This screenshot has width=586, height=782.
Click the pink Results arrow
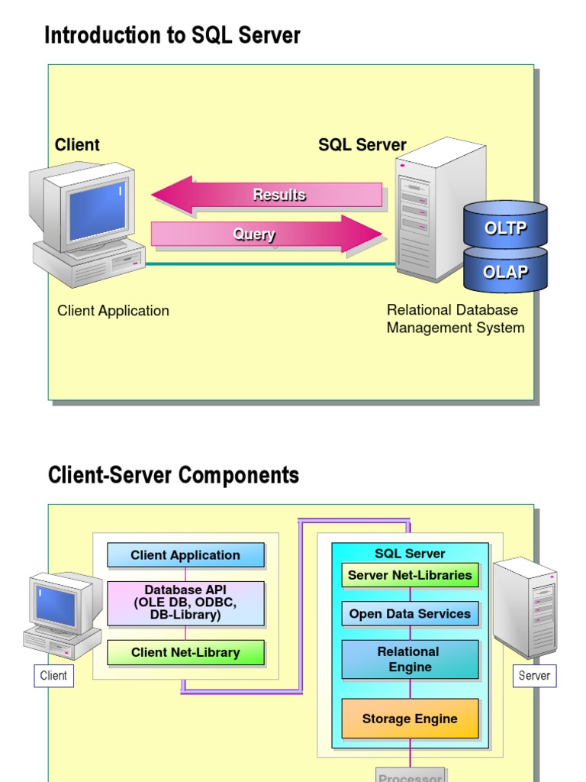click(x=267, y=195)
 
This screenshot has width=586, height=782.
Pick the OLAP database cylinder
click(x=505, y=271)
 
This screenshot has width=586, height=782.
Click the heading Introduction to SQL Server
click(x=172, y=35)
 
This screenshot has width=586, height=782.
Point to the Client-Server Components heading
click(x=173, y=475)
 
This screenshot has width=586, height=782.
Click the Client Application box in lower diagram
click(x=185, y=555)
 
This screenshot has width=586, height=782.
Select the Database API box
click(x=185, y=603)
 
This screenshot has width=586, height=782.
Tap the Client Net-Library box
click(x=185, y=652)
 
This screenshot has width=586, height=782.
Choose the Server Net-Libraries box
click(x=410, y=575)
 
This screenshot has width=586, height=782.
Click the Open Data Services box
click(x=410, y=613)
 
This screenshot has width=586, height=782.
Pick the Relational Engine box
click(x=410, y=659)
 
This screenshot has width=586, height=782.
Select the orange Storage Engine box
click(x=410, y=719)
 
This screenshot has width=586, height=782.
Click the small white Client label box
click(x=53, y=675)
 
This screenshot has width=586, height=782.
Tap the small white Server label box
click(x=534, y=675)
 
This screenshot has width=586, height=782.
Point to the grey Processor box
click(x=410, y=774)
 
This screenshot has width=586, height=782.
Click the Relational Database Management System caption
click(x=456, y=319)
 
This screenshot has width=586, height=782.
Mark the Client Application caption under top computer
click(x=113, y=311)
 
